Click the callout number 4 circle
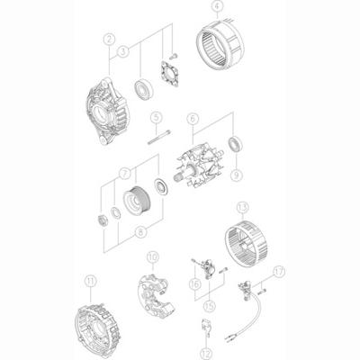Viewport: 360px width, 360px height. (x=216, y=7)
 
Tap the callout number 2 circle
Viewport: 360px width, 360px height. (x=108, y=38)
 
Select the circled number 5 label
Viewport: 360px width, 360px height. (x=155, y=115)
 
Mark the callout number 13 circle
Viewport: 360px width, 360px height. (x=240, y=232)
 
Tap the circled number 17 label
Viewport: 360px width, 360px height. (x=278, y=269)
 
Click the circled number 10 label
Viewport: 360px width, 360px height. (x=153, y=256)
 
